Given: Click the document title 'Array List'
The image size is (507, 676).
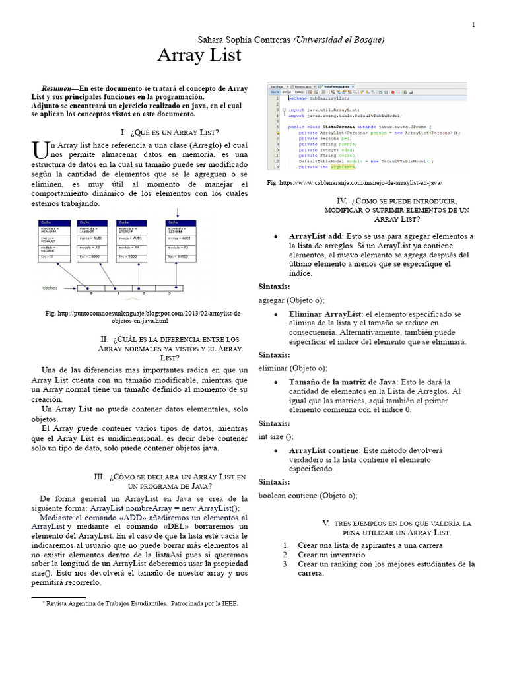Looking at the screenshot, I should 199,56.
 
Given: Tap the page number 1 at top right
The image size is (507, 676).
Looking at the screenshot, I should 473,25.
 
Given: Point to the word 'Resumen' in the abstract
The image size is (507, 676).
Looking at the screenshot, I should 56,89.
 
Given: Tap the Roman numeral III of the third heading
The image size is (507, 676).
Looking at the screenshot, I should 100,476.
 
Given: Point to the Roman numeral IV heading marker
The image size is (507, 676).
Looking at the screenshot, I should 341,201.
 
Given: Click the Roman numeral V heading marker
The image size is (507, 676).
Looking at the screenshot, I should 308,523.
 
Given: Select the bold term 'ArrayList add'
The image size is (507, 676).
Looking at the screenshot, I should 316,236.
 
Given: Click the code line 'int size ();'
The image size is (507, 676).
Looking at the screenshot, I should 276,437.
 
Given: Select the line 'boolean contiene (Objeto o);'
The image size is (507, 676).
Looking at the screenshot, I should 308,495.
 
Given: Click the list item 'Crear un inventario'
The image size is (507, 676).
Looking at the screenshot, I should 332,555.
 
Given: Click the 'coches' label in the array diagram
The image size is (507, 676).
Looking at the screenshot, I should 50,288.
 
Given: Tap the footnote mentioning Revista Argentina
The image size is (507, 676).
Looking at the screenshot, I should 140,603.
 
